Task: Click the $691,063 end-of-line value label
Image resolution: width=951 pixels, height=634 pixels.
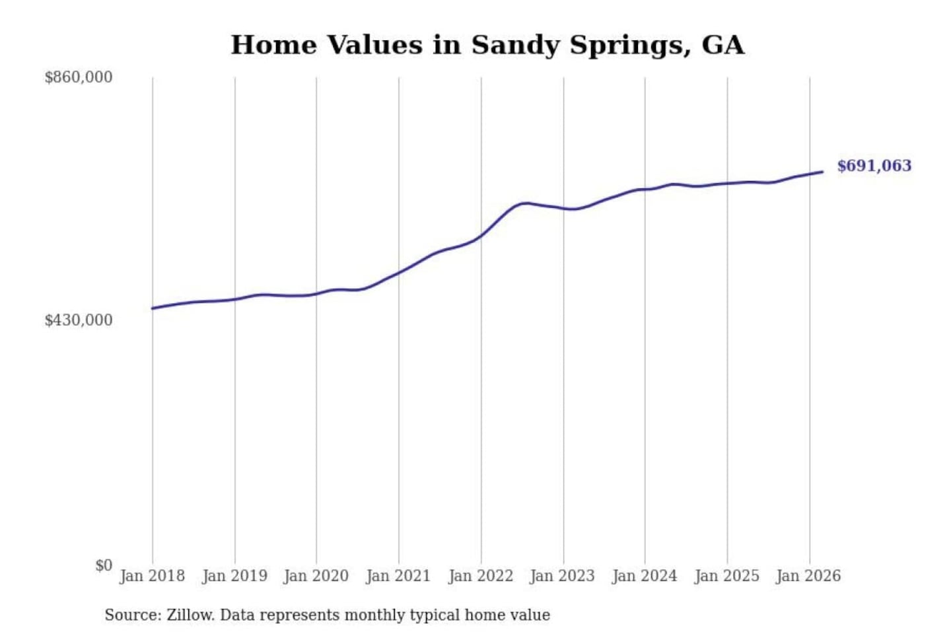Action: (x=874, y=166)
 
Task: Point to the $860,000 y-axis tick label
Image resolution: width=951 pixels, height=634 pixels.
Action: (x=79, y=77)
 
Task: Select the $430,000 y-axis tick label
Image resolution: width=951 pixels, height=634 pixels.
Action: (x=79, y=320)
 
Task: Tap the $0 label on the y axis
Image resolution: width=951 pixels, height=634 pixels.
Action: (x=104, y=565)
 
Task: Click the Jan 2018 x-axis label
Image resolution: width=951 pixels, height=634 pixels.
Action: (x=152, y=576)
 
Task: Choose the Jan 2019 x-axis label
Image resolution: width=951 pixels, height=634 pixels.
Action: (x=234, y=576)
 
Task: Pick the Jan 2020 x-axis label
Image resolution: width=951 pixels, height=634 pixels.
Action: (x=316, y=576)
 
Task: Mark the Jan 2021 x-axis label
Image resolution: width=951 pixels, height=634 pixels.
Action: (x=398, y=576)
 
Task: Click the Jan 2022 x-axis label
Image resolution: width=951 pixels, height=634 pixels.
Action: (x=481, y=576)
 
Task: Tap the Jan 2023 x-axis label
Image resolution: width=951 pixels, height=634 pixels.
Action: (x=562, y=576)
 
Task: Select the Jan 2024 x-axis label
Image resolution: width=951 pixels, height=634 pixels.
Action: (x=645, y=576)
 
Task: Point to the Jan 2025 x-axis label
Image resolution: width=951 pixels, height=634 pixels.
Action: (x=726, y=576)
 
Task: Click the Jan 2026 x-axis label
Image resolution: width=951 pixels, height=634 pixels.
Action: (x=808, y=576)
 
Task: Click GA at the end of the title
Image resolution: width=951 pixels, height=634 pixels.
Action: (x=723, y=45)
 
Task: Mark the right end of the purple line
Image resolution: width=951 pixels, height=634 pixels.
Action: (x=822, y=172)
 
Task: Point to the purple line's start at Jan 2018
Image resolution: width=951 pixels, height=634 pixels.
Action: (x=153, y=308)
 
